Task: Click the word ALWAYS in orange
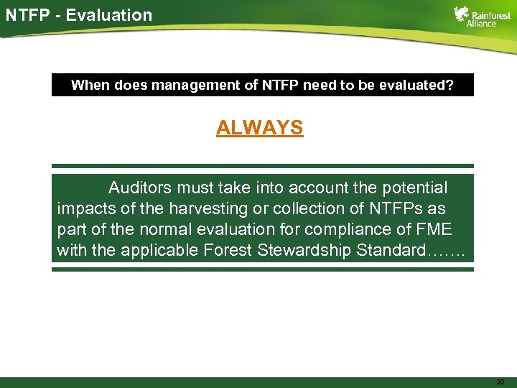coord(260,128)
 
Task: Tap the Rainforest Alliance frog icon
coord(462,15)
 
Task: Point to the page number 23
coord(500,382)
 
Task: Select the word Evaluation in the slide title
coord(109,14)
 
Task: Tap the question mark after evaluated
coord(450,85)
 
